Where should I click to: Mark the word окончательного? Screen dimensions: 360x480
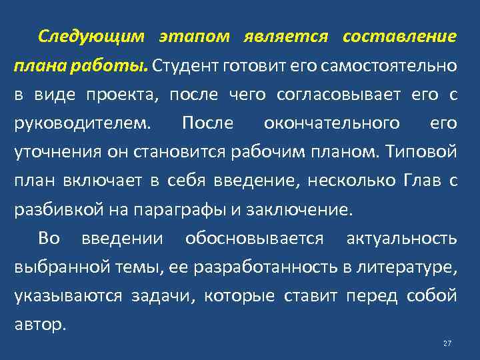(x=332, y=123)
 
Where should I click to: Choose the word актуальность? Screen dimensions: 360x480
(x=402, y=238)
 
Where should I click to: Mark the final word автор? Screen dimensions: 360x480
(x=41, y=325)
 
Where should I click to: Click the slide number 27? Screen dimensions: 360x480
(x=447, y=343)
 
